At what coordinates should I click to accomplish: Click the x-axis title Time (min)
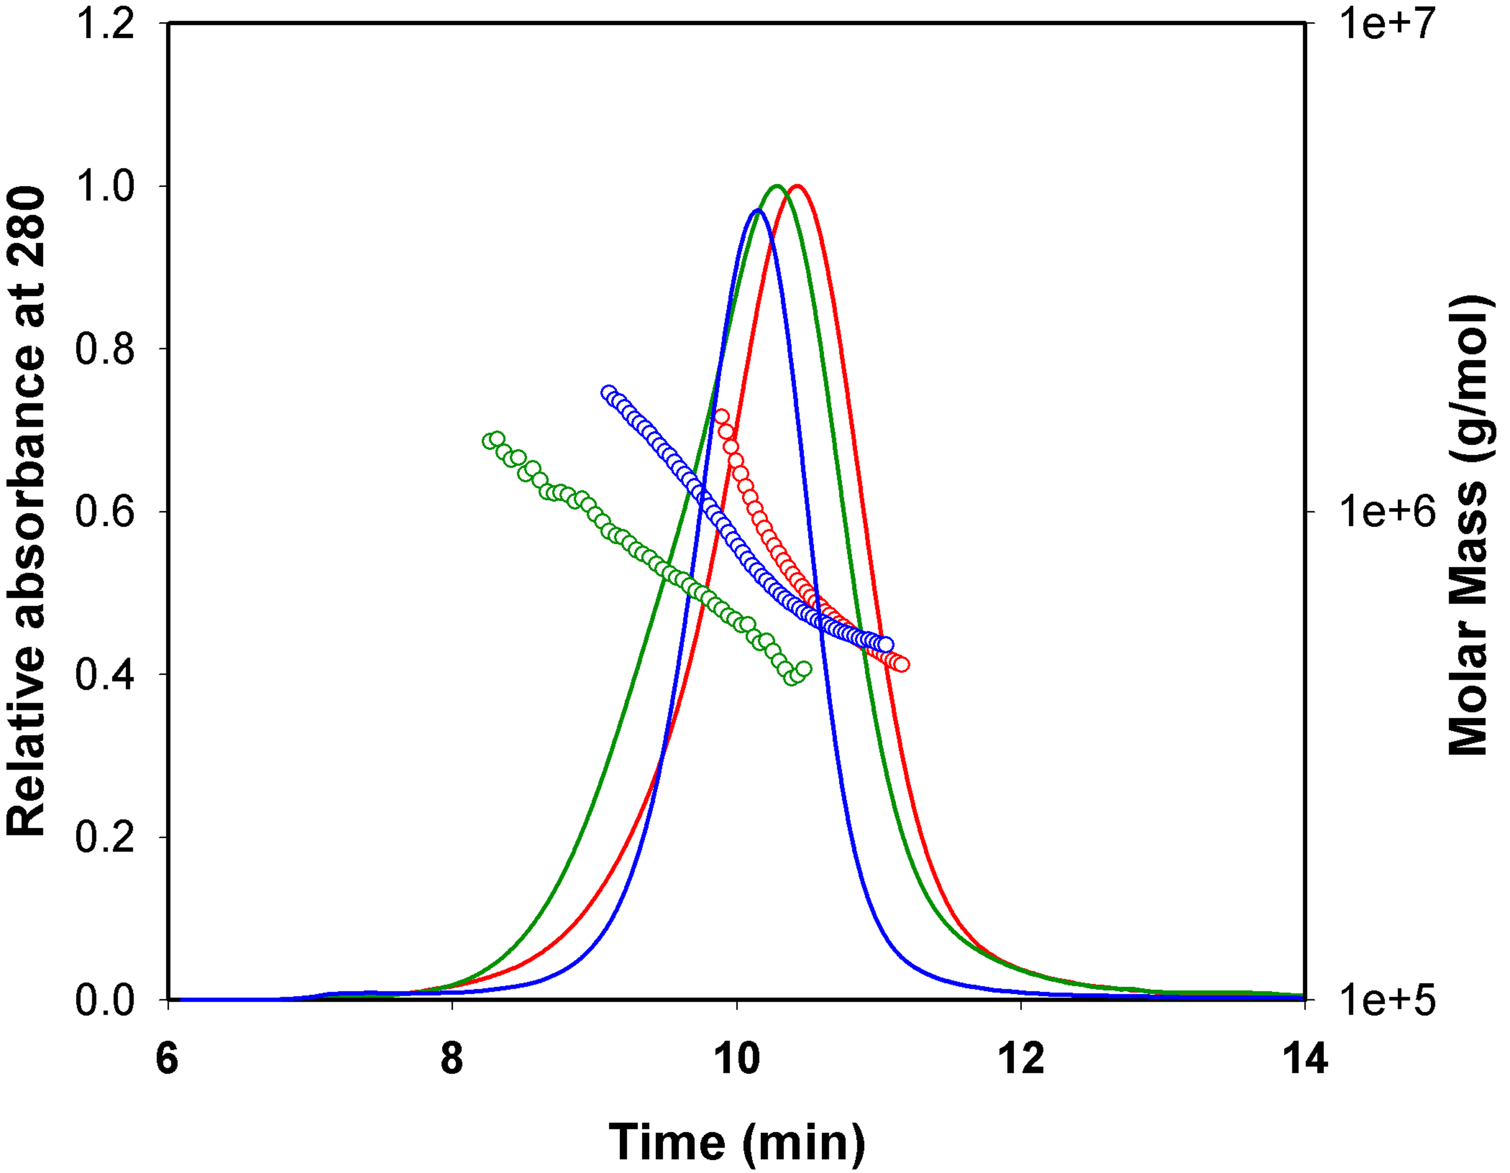tap(737, 1142)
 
